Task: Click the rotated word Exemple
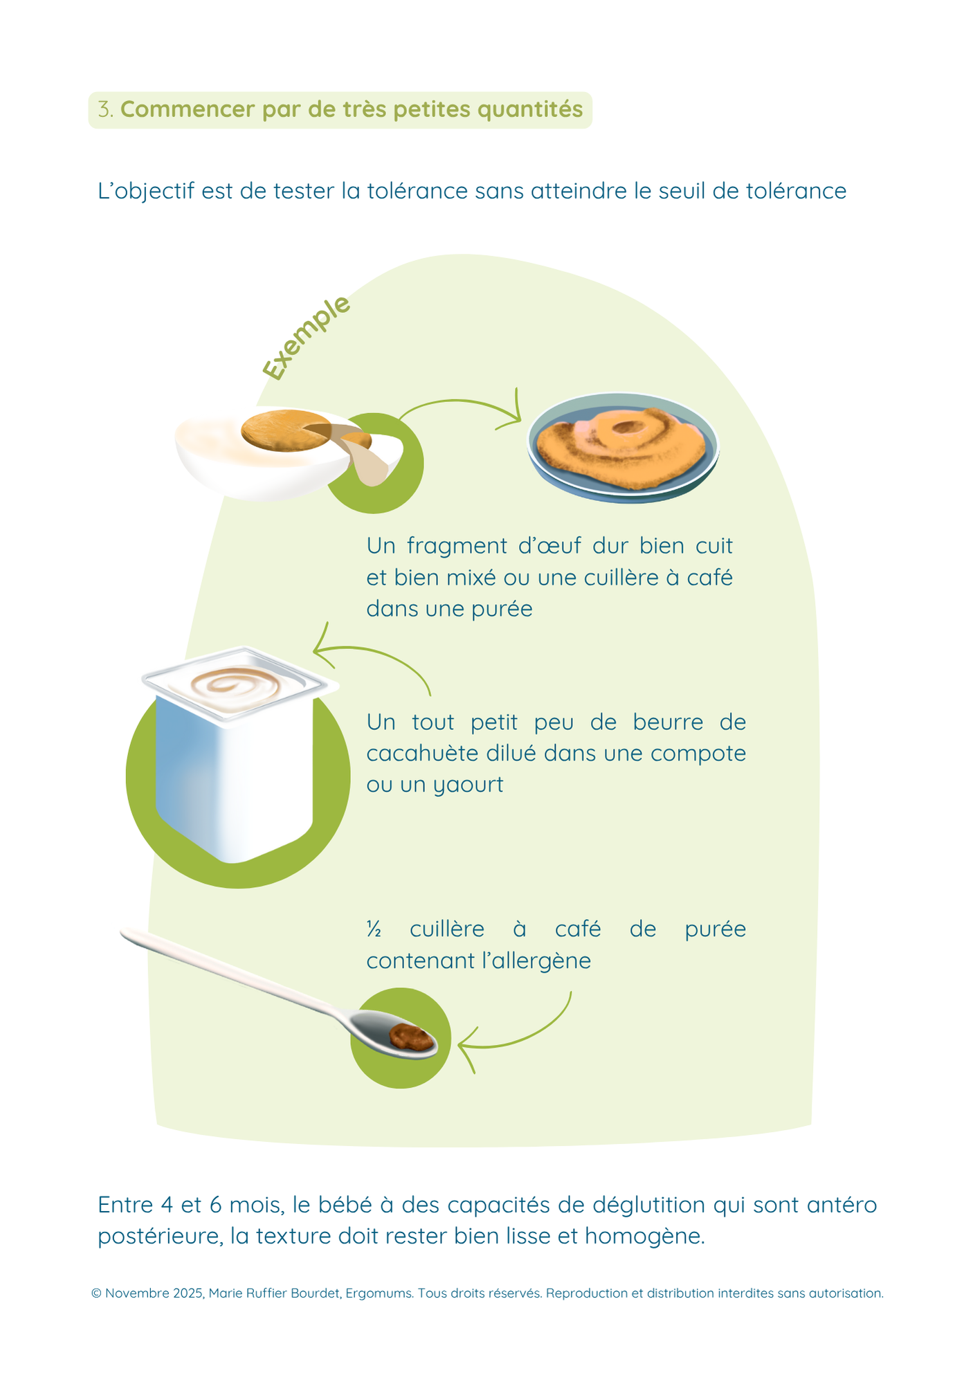pyautogui.click(x=307, y=338)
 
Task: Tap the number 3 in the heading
pyautogui.click(x=104, y=109)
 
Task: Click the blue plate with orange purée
pyautogui.click(x=623, y=447)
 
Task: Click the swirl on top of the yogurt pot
pyautogui.click(x=235, y=686)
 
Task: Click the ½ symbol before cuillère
pyautogui.click(x=374, y=929)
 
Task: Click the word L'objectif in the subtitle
pyautogui.click(x=146, y=192)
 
